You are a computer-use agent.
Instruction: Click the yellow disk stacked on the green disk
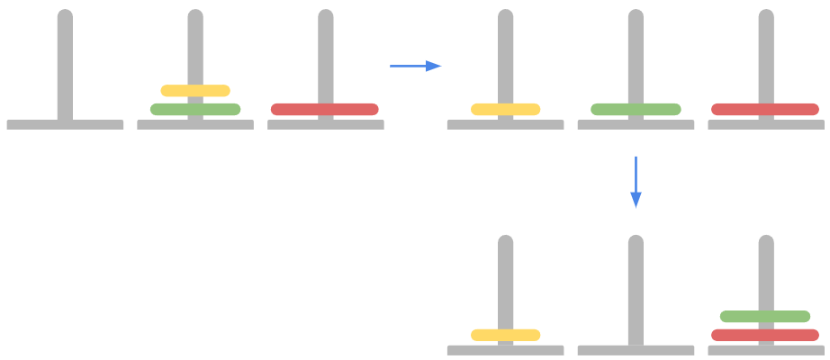pyautogui.click(x=195, y=90)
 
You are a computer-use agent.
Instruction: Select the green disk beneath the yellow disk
pyautogui.click(x=195, y=110)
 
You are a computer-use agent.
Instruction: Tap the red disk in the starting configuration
pyautogui.click(x=325, y=110)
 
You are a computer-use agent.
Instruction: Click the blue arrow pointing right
pyautogui.click(x=415, y=66)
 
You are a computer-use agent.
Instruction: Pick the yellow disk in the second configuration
pyautogui.click(x=505, y=110)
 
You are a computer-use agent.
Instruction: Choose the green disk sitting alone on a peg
pyautogui.click(x=636, y=110)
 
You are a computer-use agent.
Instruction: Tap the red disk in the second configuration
pyautogui.click(x=765, y=110)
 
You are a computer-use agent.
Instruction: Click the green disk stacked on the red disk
pyautogui.click(x=765, y=317)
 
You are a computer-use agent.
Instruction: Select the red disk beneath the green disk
pyautogui.click(x=765, y=336)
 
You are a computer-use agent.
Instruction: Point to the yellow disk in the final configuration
pyautogui.click(x=505, y=336)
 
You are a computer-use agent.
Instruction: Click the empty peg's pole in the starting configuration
pyautogui.click(x=65, y=63)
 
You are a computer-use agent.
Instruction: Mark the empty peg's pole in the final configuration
pyautogui.click(x=636, y=288)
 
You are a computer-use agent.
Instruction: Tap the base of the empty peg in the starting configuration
pyautogui.click(x=65, y=125)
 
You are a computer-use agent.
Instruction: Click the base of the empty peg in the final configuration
pyautogui.click(x=636, y=350)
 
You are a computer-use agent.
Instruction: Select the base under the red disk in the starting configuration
pyautogui.click(x=325, y=125)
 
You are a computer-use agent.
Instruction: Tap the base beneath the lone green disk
pyautogui.click(x=636, y=125)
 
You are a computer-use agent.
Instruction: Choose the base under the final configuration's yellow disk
pyautogui.click(x=505, y=350)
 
